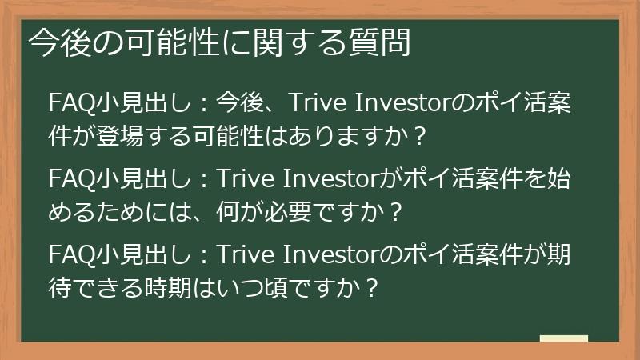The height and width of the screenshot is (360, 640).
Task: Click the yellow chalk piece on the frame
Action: [x=564, y=338]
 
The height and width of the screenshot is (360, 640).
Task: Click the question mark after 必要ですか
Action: [x=390, y=212]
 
